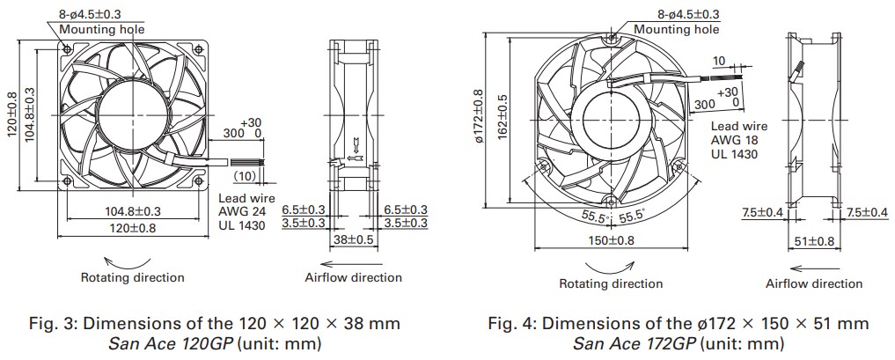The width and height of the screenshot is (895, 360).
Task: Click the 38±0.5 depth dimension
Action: (x=354, y=239)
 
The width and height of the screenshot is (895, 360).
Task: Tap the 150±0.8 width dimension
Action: (x=610, y=239)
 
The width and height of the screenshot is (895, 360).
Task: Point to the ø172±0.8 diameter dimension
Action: (x=479, y=114)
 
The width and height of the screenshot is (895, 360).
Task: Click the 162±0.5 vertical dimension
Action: (x=503, y=114)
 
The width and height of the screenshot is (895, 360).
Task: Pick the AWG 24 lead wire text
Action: (x=242, y=212)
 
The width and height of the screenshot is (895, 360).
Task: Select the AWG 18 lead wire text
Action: (x=737, y=140)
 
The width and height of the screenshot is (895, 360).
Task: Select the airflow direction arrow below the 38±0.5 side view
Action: (x=353, y=261)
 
